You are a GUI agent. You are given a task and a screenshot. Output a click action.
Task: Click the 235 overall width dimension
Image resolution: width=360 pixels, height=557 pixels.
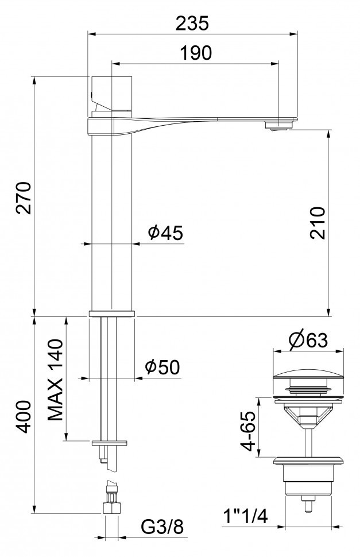pyautogui.click(x=192, y=23)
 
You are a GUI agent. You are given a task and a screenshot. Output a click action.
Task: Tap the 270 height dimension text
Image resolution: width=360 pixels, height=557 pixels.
pyautogui.click(x=24, y=198)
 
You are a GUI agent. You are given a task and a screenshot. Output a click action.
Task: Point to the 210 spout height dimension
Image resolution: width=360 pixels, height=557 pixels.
pyautogui.click(x=318, y=222)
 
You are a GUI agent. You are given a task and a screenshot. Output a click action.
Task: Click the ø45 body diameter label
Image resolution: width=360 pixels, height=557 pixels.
pyautogui.click(x=165, y=233)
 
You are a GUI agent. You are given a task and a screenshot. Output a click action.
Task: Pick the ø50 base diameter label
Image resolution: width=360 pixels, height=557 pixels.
pyautogui.click(x=162, y=366)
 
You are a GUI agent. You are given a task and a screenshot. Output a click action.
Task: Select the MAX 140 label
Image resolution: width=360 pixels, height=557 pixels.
pyautogui.click(x=55, y=380)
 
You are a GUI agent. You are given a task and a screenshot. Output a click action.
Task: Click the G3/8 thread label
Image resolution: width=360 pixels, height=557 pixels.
pyautogui.click(x=164, y=525)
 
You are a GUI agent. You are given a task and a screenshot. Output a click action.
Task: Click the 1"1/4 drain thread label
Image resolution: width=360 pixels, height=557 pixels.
pyautogui.click(x=245, y=517)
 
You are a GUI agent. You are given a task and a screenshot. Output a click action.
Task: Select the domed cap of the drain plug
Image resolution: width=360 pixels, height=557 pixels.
pyautogui.click(x=309, y=379)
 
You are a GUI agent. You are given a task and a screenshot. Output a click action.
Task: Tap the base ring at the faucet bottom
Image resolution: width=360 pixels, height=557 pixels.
pyautogui.click(x=111, y=313)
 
